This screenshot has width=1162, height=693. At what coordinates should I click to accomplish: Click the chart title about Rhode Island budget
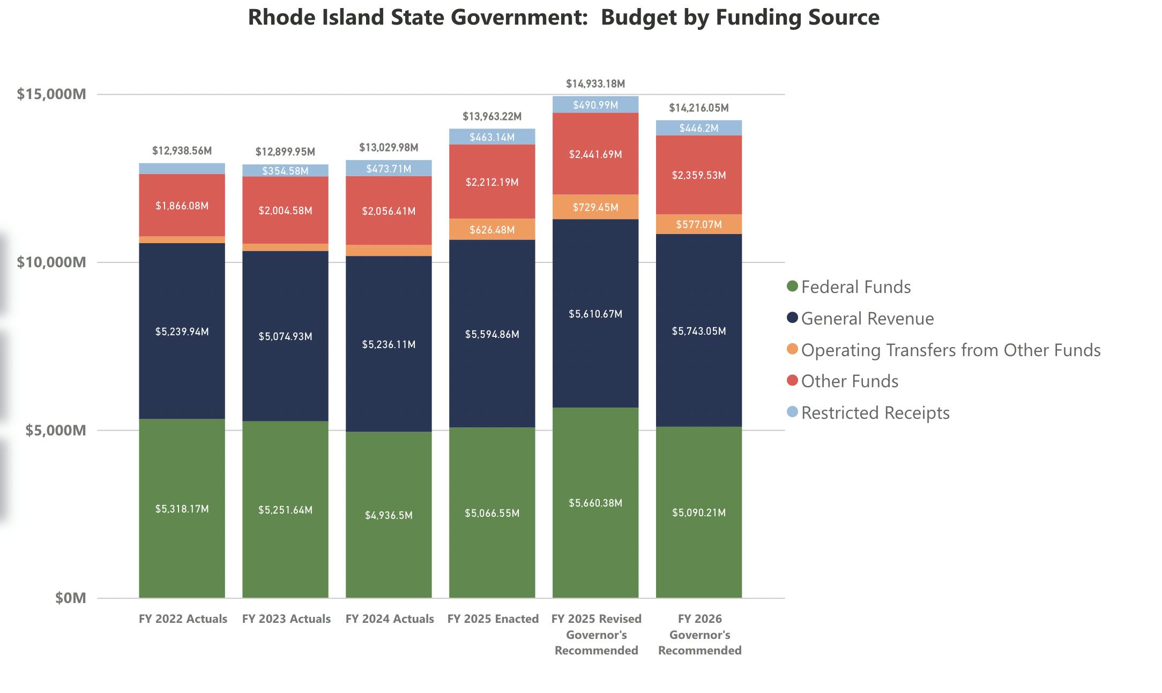coord(563,18)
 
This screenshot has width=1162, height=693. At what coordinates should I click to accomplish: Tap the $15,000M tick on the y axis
coord(51,94)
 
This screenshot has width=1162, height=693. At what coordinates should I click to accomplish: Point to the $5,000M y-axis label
coord(55,430)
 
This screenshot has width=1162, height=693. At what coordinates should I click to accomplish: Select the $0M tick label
coord(70,598)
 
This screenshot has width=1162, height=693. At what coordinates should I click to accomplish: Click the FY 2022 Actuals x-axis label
coord(183,619)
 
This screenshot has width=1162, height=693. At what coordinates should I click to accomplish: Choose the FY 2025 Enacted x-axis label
coord(493,619)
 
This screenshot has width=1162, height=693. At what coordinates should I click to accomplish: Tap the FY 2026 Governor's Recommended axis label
coord(699,635)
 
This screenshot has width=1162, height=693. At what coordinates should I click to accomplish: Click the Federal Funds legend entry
coord(855,287)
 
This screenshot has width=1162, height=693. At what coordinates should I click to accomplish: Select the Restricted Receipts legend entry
coord(875,413)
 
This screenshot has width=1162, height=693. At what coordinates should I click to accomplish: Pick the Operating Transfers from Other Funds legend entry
coord(950,350)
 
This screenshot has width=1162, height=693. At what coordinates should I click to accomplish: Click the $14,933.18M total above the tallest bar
coord(595,84)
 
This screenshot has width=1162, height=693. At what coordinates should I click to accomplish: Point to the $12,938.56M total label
coord(182,151)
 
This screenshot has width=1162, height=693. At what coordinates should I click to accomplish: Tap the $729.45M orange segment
coord(595,207)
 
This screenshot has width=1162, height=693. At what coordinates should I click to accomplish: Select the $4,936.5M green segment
coord(389,515)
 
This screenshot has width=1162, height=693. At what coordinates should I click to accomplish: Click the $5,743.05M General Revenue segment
coord(699,331)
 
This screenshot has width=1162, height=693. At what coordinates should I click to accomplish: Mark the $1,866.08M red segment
coord(182,206)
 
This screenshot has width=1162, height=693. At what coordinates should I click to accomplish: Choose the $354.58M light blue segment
coord(285,171)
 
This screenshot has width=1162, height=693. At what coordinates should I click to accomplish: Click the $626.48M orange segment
coord(492,230)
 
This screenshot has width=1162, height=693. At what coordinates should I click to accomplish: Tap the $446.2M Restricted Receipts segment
coord(699,128)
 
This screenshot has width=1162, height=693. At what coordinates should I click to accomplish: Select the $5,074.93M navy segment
coord(285,336)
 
